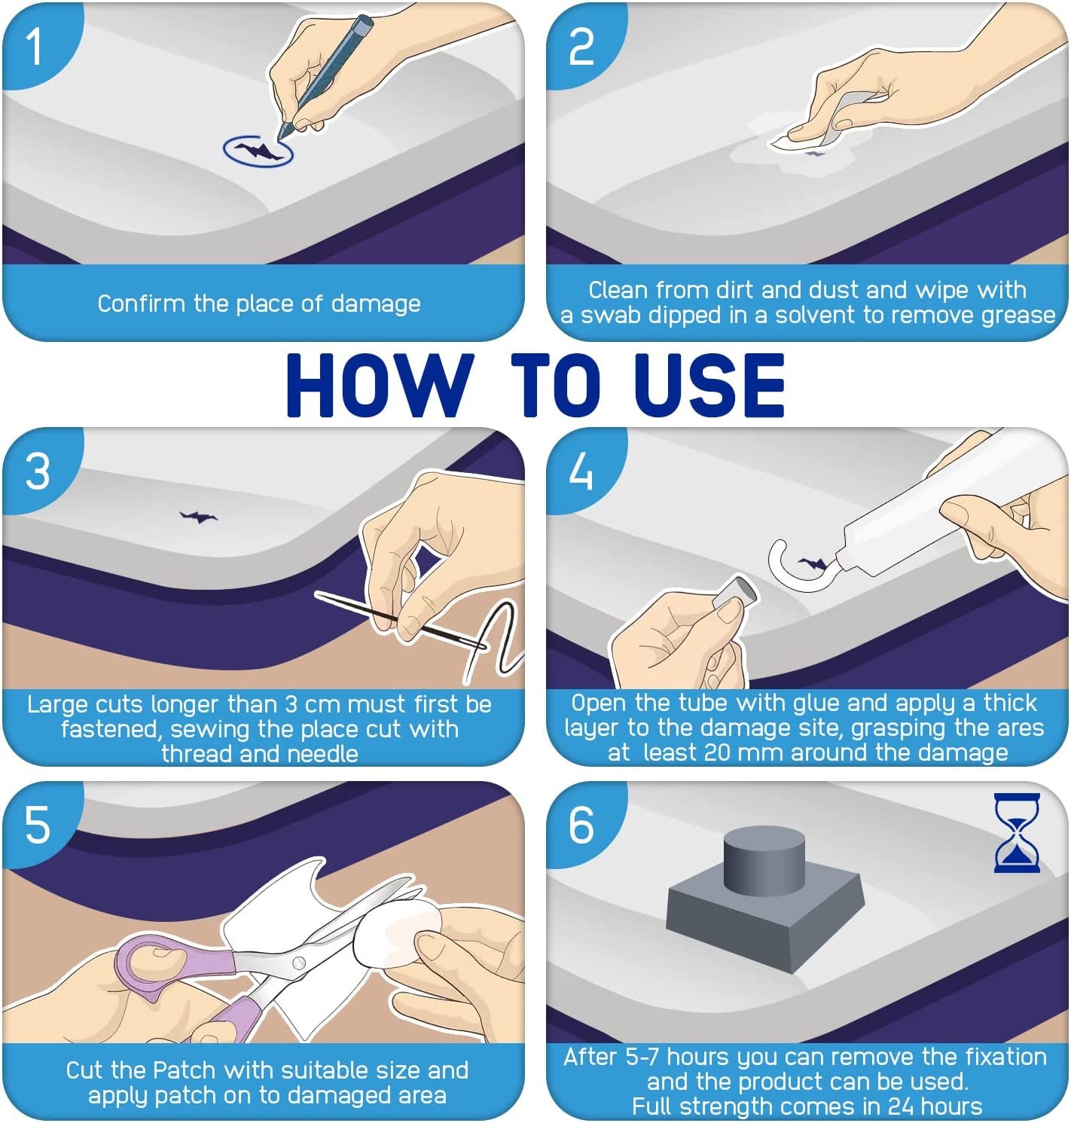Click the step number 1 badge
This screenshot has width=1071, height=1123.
point(34,47)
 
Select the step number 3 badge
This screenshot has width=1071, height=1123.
point(37,471)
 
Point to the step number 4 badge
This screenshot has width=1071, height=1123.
point(581,473)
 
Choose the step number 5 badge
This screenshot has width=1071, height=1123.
point(37,825)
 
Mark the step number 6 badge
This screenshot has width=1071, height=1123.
point(581,825)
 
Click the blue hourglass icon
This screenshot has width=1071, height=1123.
point(1016,832)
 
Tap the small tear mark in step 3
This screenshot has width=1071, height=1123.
point(198,517)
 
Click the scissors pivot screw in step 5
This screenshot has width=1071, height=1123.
point(299,962)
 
